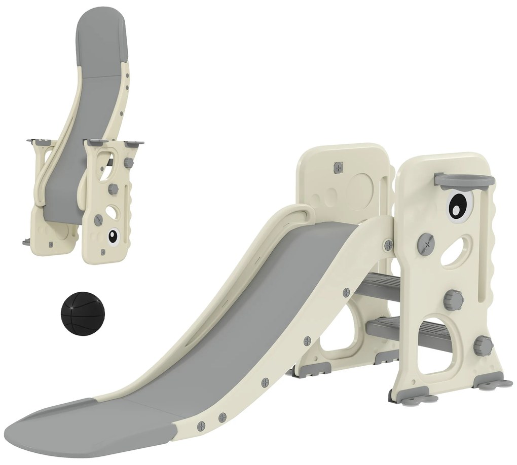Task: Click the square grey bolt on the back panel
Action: point(338,167)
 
